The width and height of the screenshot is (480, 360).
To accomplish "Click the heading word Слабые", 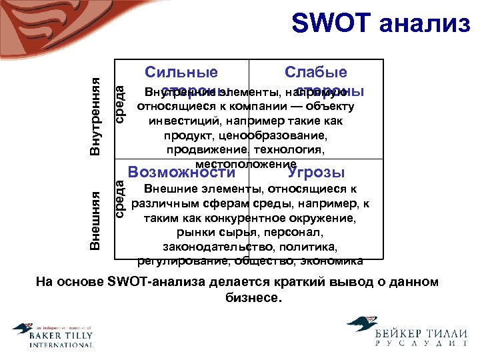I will click(x=315, y=73).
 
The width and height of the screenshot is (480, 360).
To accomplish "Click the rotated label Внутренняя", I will click(x=96, y=116).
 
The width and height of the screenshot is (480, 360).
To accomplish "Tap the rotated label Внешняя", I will click(x=96, y=219).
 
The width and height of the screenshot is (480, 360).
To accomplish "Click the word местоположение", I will click(x=246, y=164).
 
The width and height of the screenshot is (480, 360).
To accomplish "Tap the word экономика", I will click(x=331, y=261).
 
